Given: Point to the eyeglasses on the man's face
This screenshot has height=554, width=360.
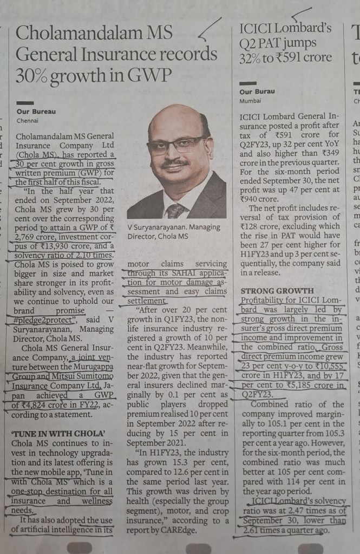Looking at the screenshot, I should coord(176,145).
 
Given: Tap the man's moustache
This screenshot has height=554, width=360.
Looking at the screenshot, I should coord(176,162).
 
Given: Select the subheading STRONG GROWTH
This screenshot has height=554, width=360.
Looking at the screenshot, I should coord(277,291).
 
